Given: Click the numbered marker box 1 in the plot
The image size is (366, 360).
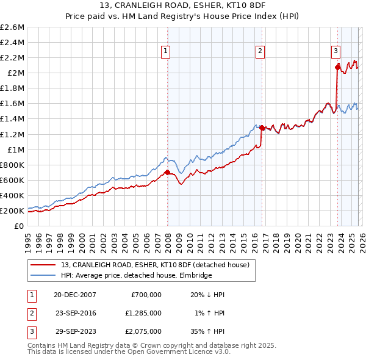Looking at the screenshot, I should click(166, 52).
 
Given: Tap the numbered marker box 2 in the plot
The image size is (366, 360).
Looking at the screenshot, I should click(260, 52).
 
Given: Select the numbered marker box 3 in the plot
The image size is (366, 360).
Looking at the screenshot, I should click(335, 52).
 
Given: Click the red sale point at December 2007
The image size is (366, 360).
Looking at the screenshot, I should click(167, 172).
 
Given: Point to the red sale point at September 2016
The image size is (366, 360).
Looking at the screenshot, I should click(262, 128).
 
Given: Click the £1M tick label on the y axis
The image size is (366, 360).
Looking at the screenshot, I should click(15, 149).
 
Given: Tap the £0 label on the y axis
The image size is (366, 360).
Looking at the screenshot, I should click(19, 226).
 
